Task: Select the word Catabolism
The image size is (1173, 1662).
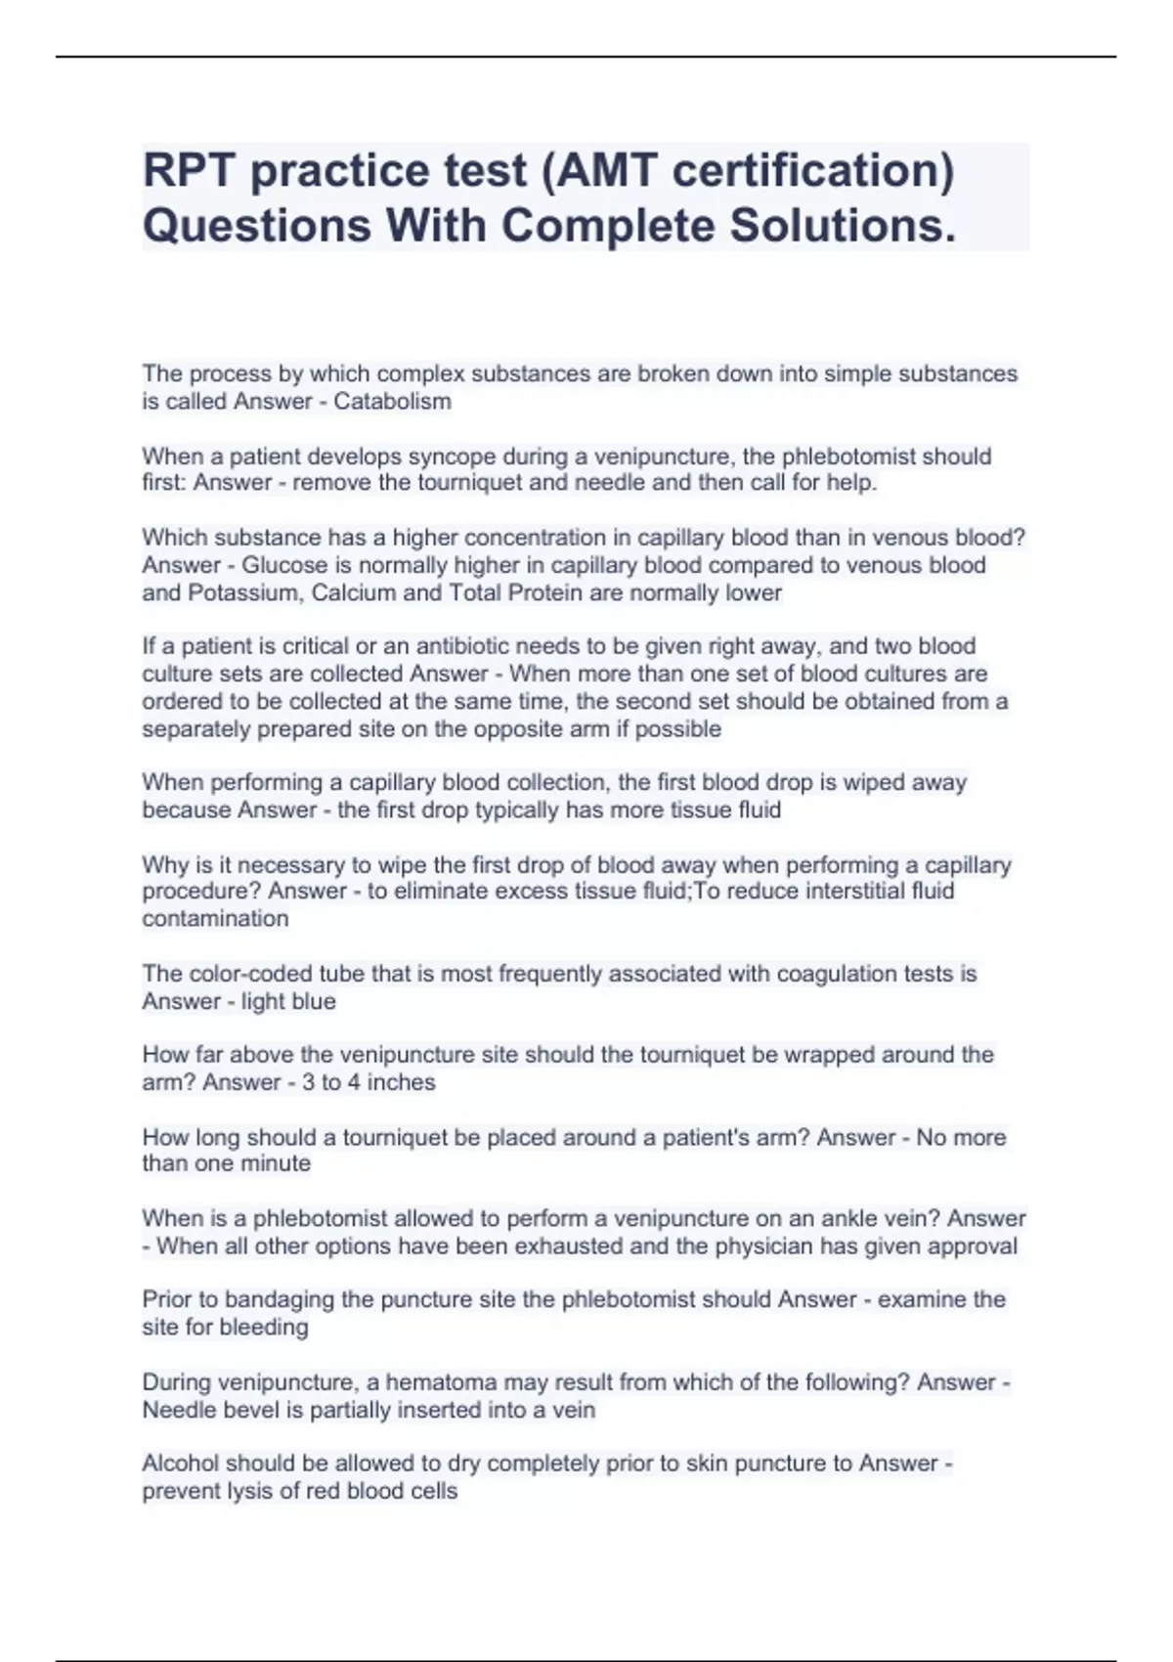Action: coord(392,402)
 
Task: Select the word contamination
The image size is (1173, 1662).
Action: coord(215,919)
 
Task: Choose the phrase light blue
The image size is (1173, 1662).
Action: coord(288,1001)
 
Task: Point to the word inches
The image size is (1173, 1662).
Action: coord(403,1082)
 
